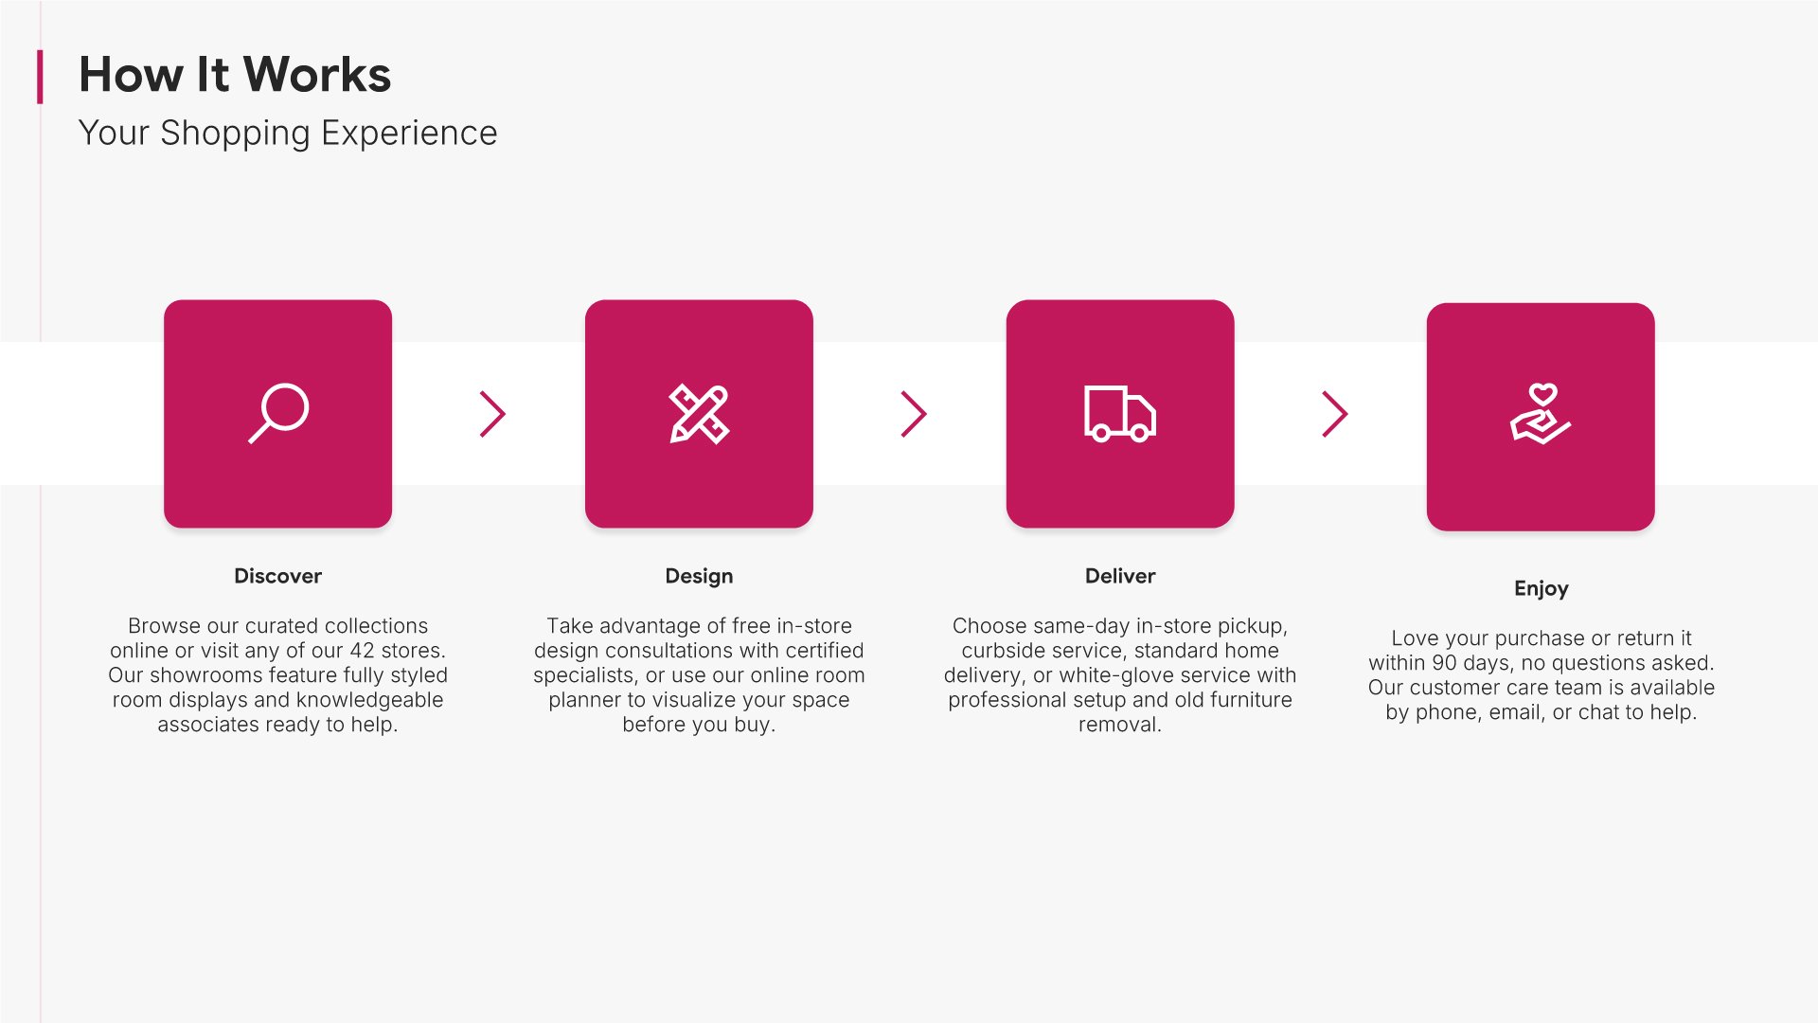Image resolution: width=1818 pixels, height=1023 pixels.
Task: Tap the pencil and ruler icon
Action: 699,414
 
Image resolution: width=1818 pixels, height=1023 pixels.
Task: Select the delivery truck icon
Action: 1120,414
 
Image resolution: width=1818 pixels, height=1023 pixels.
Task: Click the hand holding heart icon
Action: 1541,414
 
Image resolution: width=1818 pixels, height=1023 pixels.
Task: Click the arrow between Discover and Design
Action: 493,414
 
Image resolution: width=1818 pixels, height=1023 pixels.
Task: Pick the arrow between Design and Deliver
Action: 914,414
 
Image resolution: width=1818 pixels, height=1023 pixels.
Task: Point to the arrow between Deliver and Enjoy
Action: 1335,414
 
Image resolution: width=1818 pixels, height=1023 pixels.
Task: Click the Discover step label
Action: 277,576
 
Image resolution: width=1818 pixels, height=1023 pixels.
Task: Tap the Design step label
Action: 699,577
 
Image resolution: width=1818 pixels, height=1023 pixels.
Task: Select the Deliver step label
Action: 1120,576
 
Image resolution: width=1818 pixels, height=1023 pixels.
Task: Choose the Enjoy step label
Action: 1542,589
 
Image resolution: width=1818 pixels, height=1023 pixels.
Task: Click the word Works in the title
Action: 317,74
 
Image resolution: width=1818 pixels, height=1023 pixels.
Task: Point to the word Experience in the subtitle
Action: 409,134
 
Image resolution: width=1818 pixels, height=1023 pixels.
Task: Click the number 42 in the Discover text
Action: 363,651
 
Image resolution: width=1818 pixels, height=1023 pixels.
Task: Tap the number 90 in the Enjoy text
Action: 1445,663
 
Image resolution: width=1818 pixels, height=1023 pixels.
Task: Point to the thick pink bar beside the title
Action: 40,77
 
